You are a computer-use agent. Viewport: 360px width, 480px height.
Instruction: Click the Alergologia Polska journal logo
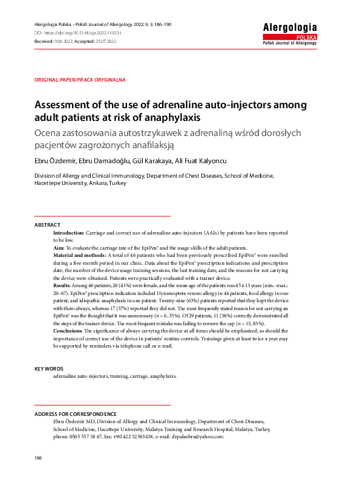tap(289, 34)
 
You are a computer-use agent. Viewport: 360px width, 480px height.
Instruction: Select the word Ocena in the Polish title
tap(51, 132)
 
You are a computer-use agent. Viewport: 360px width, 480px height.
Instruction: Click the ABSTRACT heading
tap(47, 225)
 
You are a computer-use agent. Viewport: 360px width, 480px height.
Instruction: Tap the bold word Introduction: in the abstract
tap(68, 233)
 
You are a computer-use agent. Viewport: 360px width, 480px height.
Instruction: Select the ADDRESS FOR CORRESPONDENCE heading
tap(76, 414)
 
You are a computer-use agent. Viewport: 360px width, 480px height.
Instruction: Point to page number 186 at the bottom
tap(39, 459)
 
